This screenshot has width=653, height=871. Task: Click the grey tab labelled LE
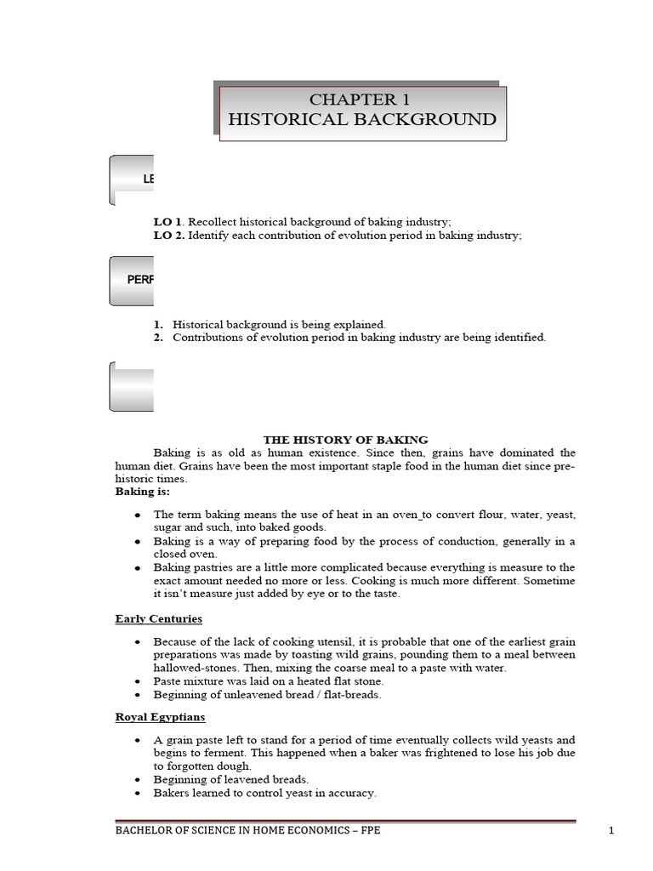coord(132,179)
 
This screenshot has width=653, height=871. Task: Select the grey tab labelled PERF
coord(132,280)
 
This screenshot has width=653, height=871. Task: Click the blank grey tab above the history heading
coord(132,386)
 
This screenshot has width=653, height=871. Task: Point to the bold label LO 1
coord(168,221)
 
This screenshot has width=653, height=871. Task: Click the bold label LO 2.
coord(168,236)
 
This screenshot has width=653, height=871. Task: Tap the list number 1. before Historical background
coord(158,324)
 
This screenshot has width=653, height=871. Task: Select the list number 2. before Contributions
coord(158,338)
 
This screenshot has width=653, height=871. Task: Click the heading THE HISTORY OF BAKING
coord(345,439)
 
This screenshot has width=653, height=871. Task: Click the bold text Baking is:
coord(142,492)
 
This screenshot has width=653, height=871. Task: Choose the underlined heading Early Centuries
coord(158,618)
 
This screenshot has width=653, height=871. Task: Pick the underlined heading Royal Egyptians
coord(160,717)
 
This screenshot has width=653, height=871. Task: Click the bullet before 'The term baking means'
coord(138,515)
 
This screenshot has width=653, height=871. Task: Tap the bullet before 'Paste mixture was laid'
coord(138,681)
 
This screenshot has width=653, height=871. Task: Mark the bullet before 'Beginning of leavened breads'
coord(138,780)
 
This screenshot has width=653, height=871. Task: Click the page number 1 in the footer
coord(610,831)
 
